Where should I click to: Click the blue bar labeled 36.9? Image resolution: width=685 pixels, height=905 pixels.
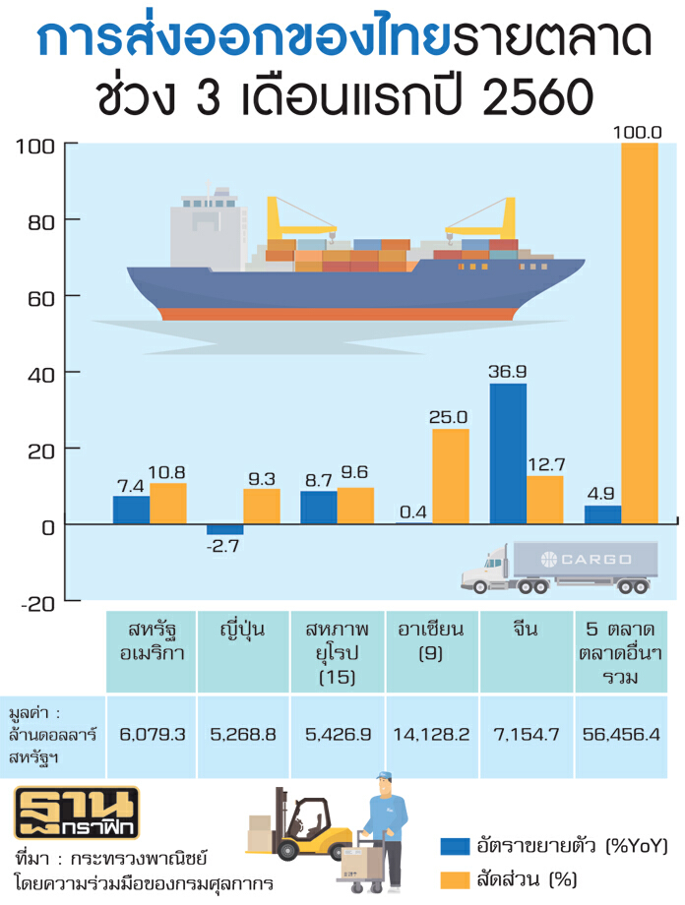[508, 453]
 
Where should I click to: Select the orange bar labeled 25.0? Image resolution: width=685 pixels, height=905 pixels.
[450, 476]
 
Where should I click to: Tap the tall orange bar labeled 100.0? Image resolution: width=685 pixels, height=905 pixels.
[638, 333]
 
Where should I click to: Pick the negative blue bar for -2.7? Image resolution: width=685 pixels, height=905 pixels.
[225, 529]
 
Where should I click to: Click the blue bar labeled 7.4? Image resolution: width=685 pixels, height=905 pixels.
[131, 510]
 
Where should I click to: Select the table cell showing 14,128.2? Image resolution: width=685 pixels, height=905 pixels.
[431, 733]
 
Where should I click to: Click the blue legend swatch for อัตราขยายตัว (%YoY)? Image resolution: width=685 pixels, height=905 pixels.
[455, 846]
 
